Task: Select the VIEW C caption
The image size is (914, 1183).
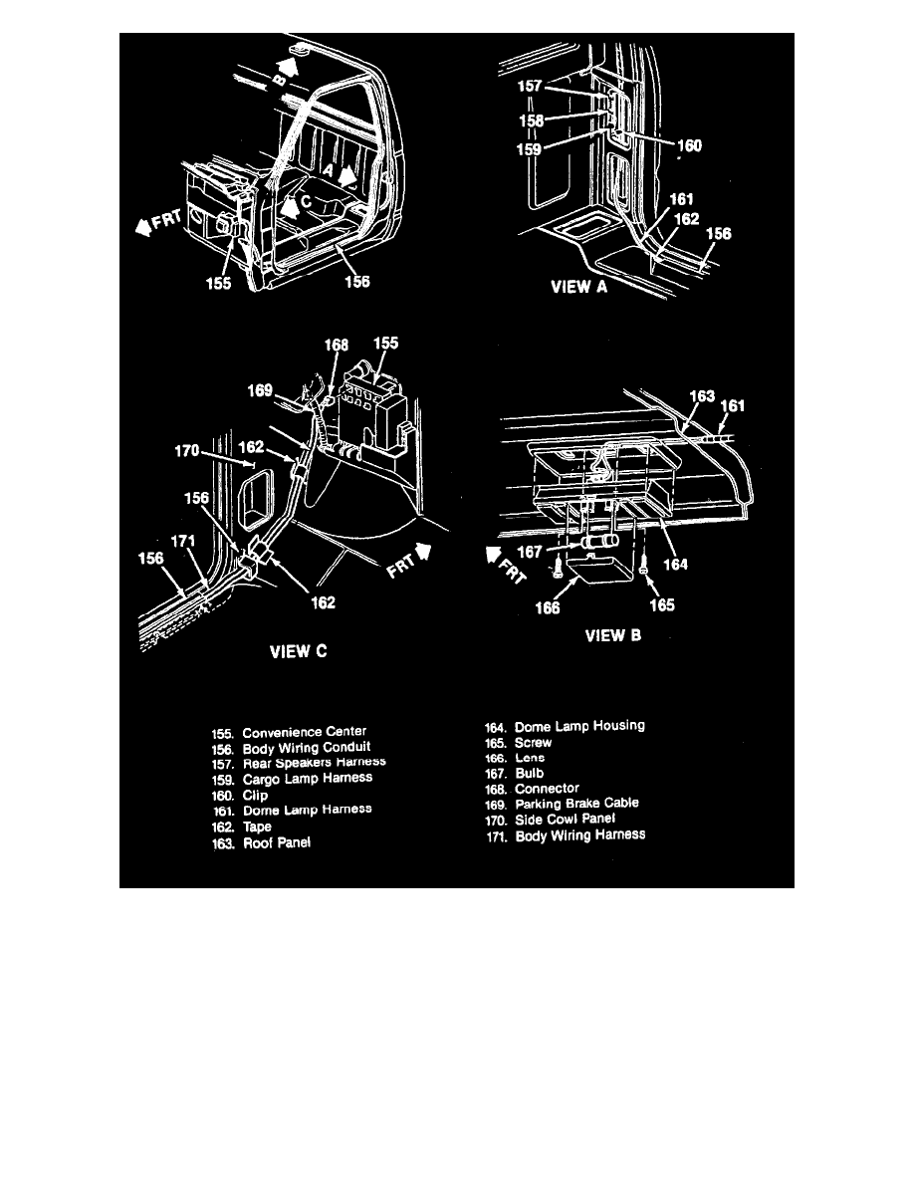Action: coord(298,652)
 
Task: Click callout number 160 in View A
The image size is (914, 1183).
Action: coord(689,145)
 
